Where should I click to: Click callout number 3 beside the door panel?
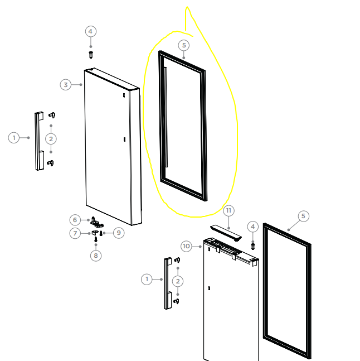66,85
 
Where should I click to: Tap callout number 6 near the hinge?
75,220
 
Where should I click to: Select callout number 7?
75,233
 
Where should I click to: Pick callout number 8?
96,256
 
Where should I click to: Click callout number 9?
119,233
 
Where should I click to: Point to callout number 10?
186,247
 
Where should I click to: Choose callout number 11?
228,211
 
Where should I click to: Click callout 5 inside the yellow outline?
184,45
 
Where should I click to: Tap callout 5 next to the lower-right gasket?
304,216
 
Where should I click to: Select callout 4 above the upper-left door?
91,31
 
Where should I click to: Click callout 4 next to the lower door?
253,227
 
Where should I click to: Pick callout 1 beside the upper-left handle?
14,138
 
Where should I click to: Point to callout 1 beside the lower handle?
147,280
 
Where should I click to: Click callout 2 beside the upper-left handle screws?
51,139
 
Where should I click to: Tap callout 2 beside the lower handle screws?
178,281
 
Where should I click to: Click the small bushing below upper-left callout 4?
91,55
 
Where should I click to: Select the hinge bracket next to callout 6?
96,222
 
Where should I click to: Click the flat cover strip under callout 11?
226,233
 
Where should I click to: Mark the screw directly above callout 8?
96,239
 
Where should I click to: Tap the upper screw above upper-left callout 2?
52,115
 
